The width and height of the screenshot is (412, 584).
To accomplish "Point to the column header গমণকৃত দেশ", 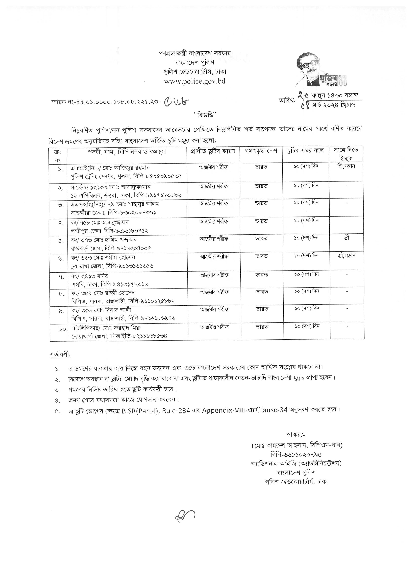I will (261, 151).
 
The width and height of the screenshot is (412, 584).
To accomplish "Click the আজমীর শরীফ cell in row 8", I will (214, 292).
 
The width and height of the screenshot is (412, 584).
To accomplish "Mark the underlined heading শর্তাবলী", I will (60, 355).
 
